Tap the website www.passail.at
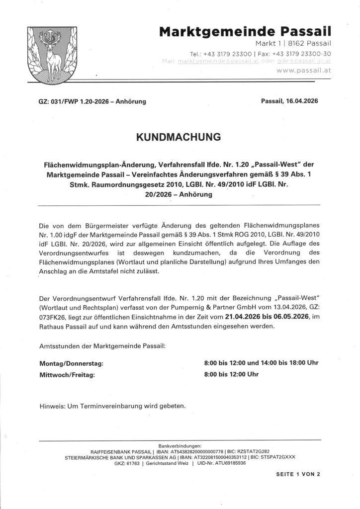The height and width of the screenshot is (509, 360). (x=303, y=71)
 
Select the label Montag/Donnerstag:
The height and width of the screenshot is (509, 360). (x=71, y=363)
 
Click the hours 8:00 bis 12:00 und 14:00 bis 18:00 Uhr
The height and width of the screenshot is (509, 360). (x=261, y=363)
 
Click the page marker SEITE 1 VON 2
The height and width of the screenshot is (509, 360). (x=298, y=474)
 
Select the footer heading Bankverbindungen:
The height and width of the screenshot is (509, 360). (x=180, y=446)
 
